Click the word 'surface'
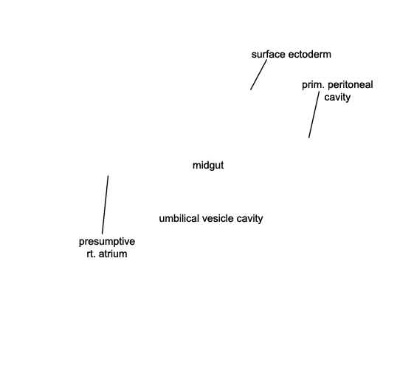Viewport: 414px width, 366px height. pos(269,54)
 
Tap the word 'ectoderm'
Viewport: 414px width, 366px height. pos(310,54)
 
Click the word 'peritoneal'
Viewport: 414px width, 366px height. pos(350,85)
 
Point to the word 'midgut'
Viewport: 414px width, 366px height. pos(208,166)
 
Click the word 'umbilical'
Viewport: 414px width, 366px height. pos(179,218)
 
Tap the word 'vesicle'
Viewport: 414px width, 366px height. pos(218,218)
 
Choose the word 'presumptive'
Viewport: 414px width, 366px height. pos(107,242)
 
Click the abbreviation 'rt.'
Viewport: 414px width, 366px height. pos(91,254)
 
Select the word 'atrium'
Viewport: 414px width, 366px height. pos(112,254)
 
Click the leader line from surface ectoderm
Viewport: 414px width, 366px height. pos(258,75)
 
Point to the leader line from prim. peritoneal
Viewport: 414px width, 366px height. pos(314,115)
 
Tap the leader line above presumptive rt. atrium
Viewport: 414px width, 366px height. pos(106,205)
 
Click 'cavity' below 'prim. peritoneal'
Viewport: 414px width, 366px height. pos(337,98)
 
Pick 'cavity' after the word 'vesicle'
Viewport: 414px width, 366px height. pos(249,218)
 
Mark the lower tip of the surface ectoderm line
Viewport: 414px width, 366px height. pos(251,90)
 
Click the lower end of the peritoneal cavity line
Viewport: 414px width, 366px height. pos(308,138)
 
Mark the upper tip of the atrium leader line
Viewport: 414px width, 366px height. pos(108,175)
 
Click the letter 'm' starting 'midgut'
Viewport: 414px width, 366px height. pos(196,166)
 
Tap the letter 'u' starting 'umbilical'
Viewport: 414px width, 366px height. pos(162,219)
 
